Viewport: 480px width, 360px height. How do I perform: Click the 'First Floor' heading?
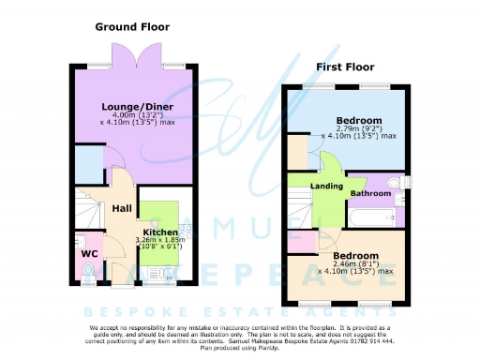click(x=345, y=67)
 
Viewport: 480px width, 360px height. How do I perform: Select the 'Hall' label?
click(x=123, y=208)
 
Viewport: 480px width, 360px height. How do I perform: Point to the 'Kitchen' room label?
click(x=160, y=231)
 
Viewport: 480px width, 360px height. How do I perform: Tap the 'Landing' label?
click(x=327, y=186)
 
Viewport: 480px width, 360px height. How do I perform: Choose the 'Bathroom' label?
click(x=371, y=193)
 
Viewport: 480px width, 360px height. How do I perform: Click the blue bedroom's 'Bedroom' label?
click(x=359, y=122)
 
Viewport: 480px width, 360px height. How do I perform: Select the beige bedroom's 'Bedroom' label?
click(x=355, y=256)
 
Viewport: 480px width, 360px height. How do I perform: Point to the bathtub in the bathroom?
click(x=370, y=217)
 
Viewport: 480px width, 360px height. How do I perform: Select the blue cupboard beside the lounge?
click(x=89, y=165)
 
